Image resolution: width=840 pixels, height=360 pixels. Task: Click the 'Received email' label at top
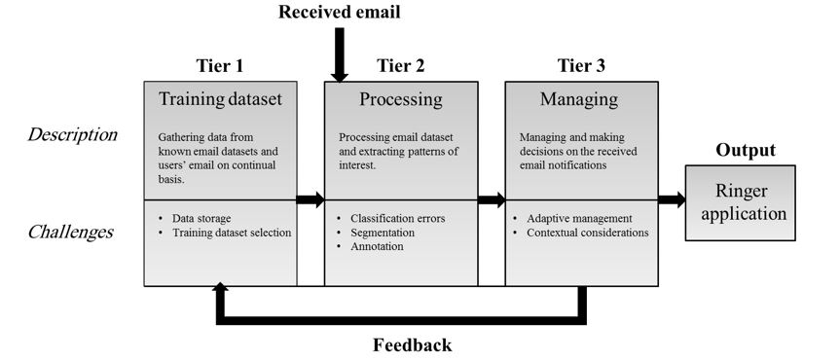click(x=339, y=13)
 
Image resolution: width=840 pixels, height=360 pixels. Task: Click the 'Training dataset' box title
click(x=220, y=99)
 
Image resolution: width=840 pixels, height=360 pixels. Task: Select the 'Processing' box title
click(x=401, y=99)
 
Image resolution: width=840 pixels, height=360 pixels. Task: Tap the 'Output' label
click(x=746, y=150)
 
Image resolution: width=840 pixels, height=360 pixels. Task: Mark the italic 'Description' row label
click(x=72, y=134)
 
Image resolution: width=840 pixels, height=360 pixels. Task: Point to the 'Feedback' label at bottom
click(x=413, y=344)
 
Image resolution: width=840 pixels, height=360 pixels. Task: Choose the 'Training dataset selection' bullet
click(x=231, y=233)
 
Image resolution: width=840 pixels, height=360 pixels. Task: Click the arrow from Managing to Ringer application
click(x=672, y=200)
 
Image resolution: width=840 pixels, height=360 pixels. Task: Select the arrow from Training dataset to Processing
click(x=310, y=200)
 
